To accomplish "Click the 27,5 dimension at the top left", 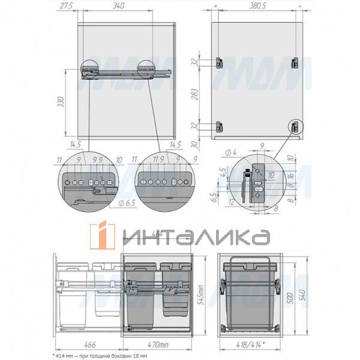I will coord(68,6).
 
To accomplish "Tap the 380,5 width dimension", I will coord(256,6).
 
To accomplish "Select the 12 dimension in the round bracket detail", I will coord(232,202).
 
